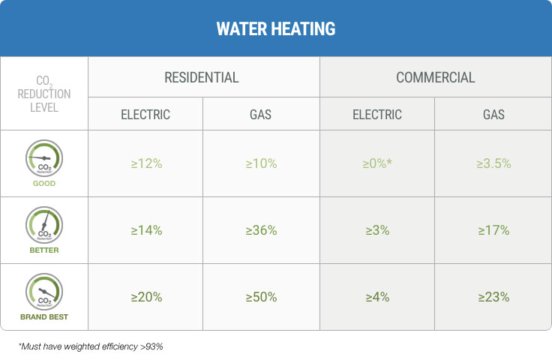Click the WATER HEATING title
[275, 29]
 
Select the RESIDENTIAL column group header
[202, 77]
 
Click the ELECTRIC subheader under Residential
[145, 115]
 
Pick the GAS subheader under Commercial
[493, 115]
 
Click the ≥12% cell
[146, 163]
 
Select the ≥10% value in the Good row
[261, 163]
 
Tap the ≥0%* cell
[377, 163]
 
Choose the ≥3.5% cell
[493, 163]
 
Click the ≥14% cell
[146, 230]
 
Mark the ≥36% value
[261, 230]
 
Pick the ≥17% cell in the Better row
[493, 230]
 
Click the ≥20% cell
[146, 297]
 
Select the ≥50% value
[261, 297]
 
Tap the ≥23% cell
[493, 297]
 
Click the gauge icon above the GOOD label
[44, 157]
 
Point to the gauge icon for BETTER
[44, 224]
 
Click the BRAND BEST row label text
[44, 317]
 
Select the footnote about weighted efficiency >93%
[90, 347]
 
